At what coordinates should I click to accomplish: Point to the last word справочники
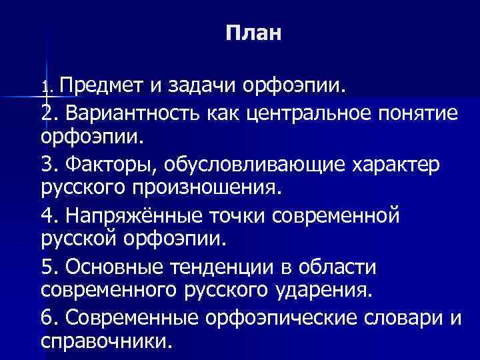[x=105, y=342]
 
